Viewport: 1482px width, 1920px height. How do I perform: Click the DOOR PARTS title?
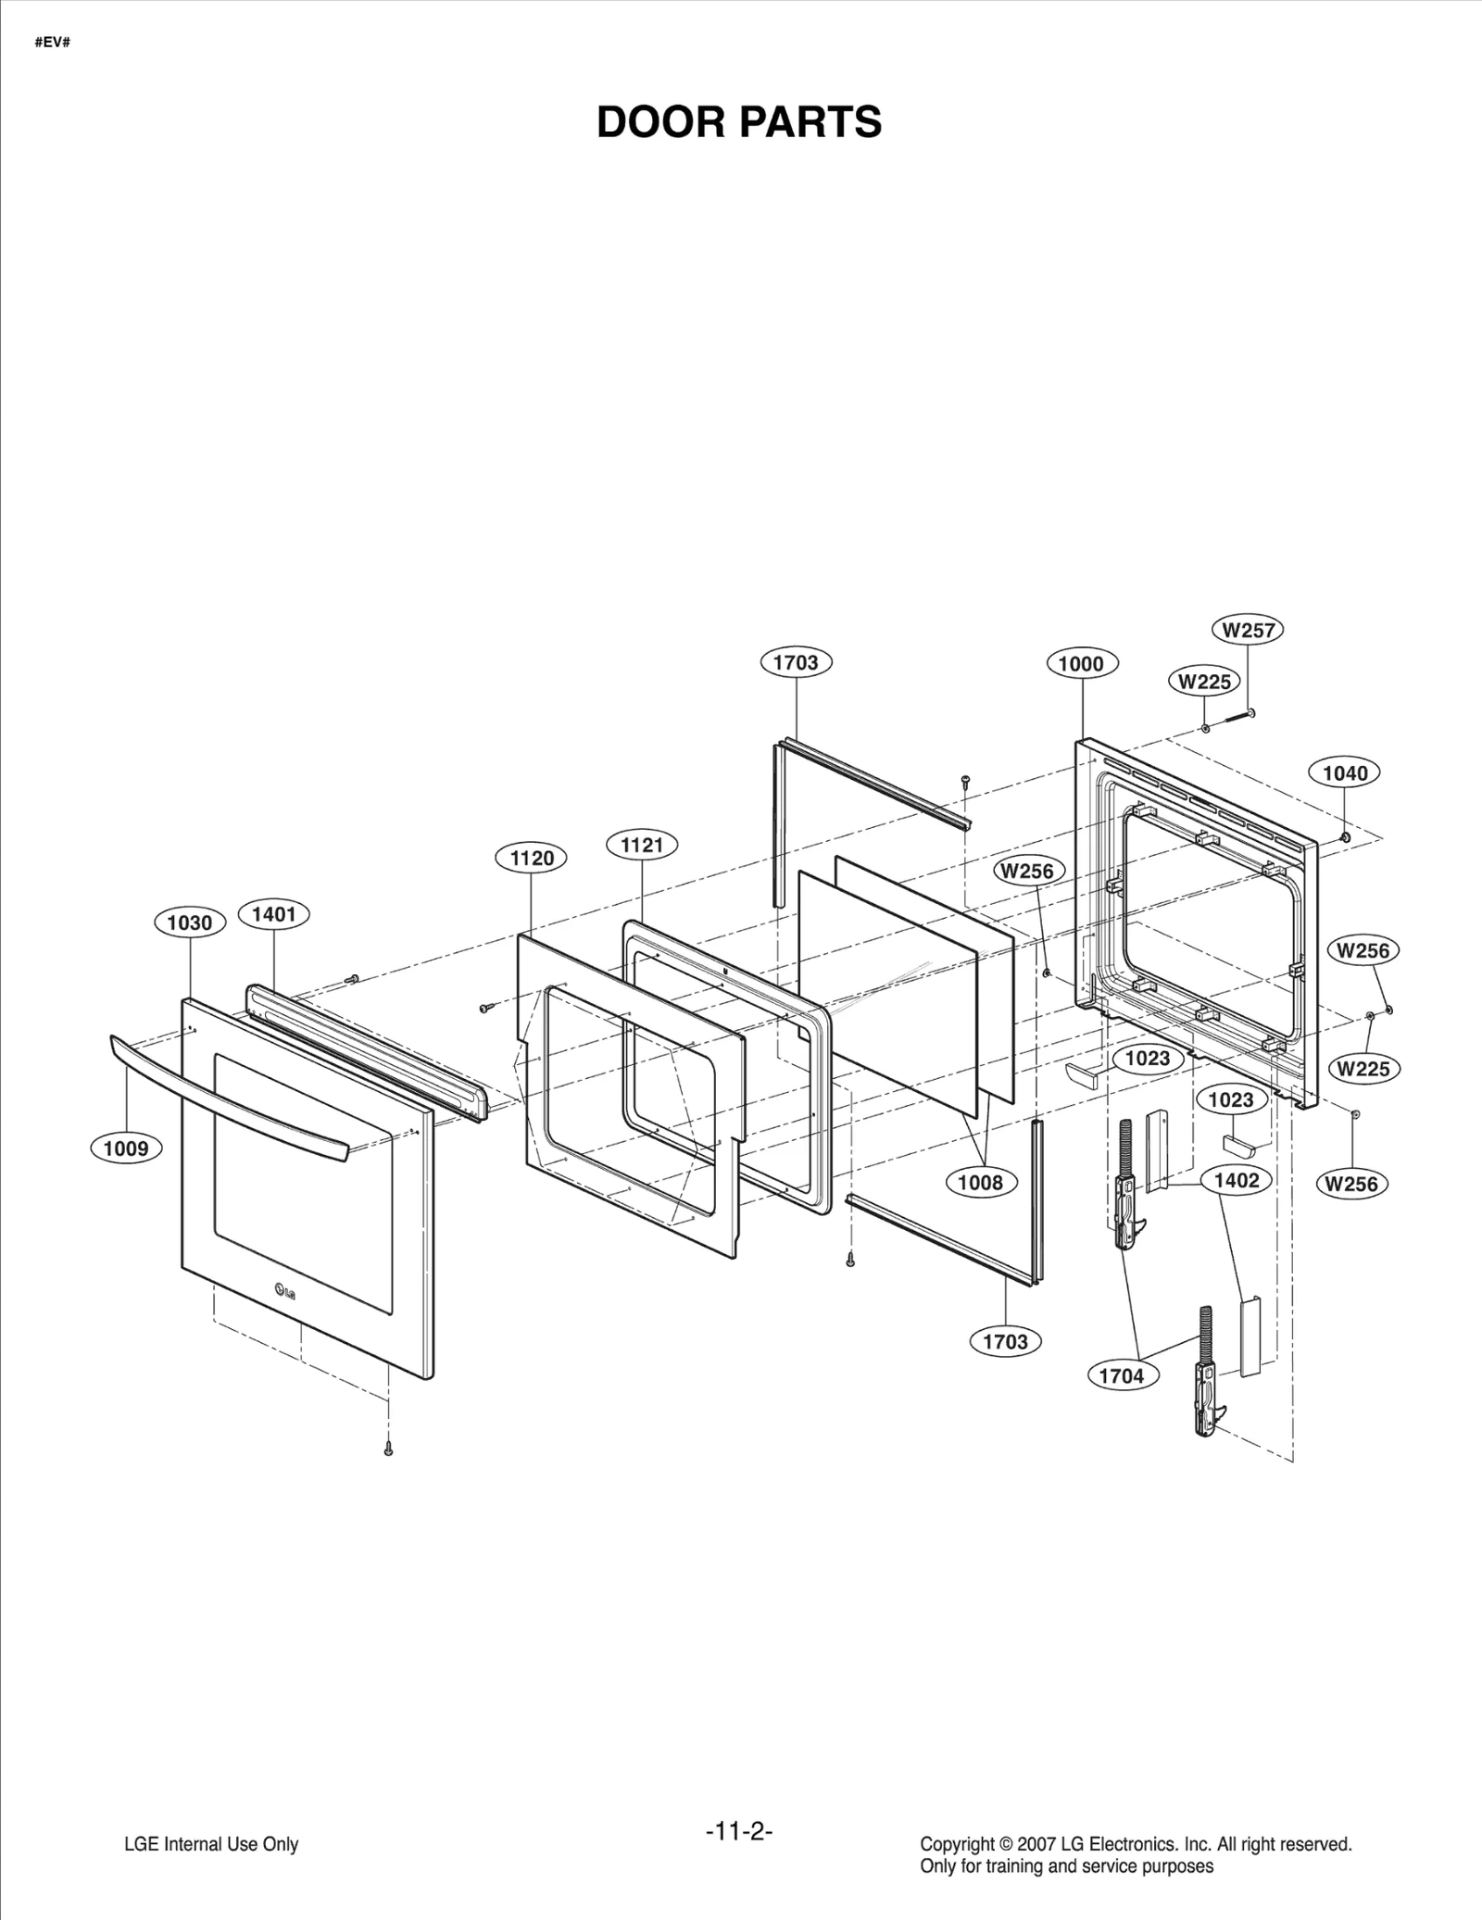click(739, 122)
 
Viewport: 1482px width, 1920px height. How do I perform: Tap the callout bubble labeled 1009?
click(126, 1148)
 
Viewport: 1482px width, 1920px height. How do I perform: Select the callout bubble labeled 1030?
click(190, 922)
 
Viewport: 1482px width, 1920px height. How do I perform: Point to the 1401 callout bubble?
click(274, 914)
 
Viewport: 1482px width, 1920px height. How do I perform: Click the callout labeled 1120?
click(532, 858)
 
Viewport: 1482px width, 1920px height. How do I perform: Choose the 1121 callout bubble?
click(642, 845)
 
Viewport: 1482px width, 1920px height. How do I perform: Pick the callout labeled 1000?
click(1082, 663)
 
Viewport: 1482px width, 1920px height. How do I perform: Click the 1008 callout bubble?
click(981, 1182)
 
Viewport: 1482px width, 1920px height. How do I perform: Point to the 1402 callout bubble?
click(1237, 1180)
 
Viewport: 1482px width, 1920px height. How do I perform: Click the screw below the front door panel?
click(388, 1448)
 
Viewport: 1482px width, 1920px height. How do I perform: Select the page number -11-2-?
click(739, 1831)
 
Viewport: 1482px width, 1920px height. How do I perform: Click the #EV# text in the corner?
click(53, 43)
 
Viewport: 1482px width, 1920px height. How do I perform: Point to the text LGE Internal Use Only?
click(211, 1844)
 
